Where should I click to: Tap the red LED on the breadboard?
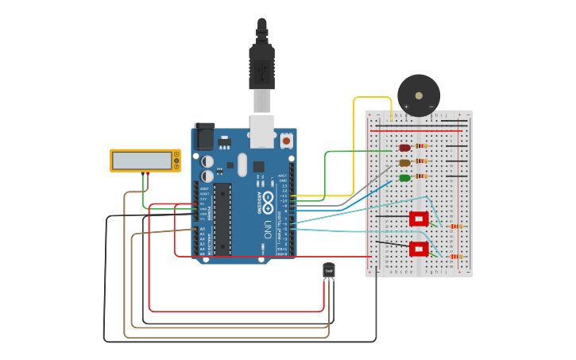(404, 148)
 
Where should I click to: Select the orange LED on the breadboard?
(404, 163)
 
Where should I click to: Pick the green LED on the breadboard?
(404, 178)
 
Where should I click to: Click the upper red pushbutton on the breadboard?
(418, 219)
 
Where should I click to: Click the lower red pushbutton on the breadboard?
(418, 249)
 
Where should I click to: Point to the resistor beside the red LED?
(421, 146)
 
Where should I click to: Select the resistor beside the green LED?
(421, 176)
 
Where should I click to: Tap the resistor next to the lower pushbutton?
(455, 257)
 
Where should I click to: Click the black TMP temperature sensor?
(329, 271)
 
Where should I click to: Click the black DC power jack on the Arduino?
(204, 137)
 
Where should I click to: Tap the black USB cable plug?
(261, 68)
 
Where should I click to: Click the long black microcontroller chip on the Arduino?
(222, 219)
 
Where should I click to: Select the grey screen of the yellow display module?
(141, 161)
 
